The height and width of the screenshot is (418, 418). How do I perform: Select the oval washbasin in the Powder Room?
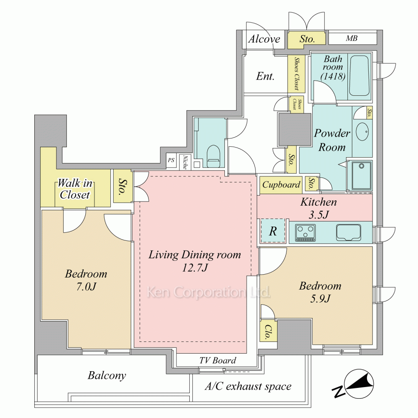point(362,131)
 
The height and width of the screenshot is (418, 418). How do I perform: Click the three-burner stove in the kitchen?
point(306,232)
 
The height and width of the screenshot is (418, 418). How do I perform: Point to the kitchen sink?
point(349,232)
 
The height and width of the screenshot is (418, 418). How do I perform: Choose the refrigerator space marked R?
point(273,231)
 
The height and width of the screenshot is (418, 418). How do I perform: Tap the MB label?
point(352,38)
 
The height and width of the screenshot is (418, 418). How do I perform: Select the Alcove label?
point(264,39)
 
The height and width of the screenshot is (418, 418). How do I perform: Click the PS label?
point(171,160)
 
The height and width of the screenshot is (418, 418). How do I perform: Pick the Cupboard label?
point(281,184)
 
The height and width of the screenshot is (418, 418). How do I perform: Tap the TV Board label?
point(218,360)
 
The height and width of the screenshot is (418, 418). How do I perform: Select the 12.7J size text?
point(195,268)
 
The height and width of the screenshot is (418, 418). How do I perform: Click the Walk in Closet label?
point(75,189)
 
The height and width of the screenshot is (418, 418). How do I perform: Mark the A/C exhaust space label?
point(248,386)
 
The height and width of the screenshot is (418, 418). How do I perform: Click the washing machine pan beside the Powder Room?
point(362,176)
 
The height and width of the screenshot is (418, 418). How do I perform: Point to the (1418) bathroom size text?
point(333,76)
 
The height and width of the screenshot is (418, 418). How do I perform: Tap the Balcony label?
point(107,375)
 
